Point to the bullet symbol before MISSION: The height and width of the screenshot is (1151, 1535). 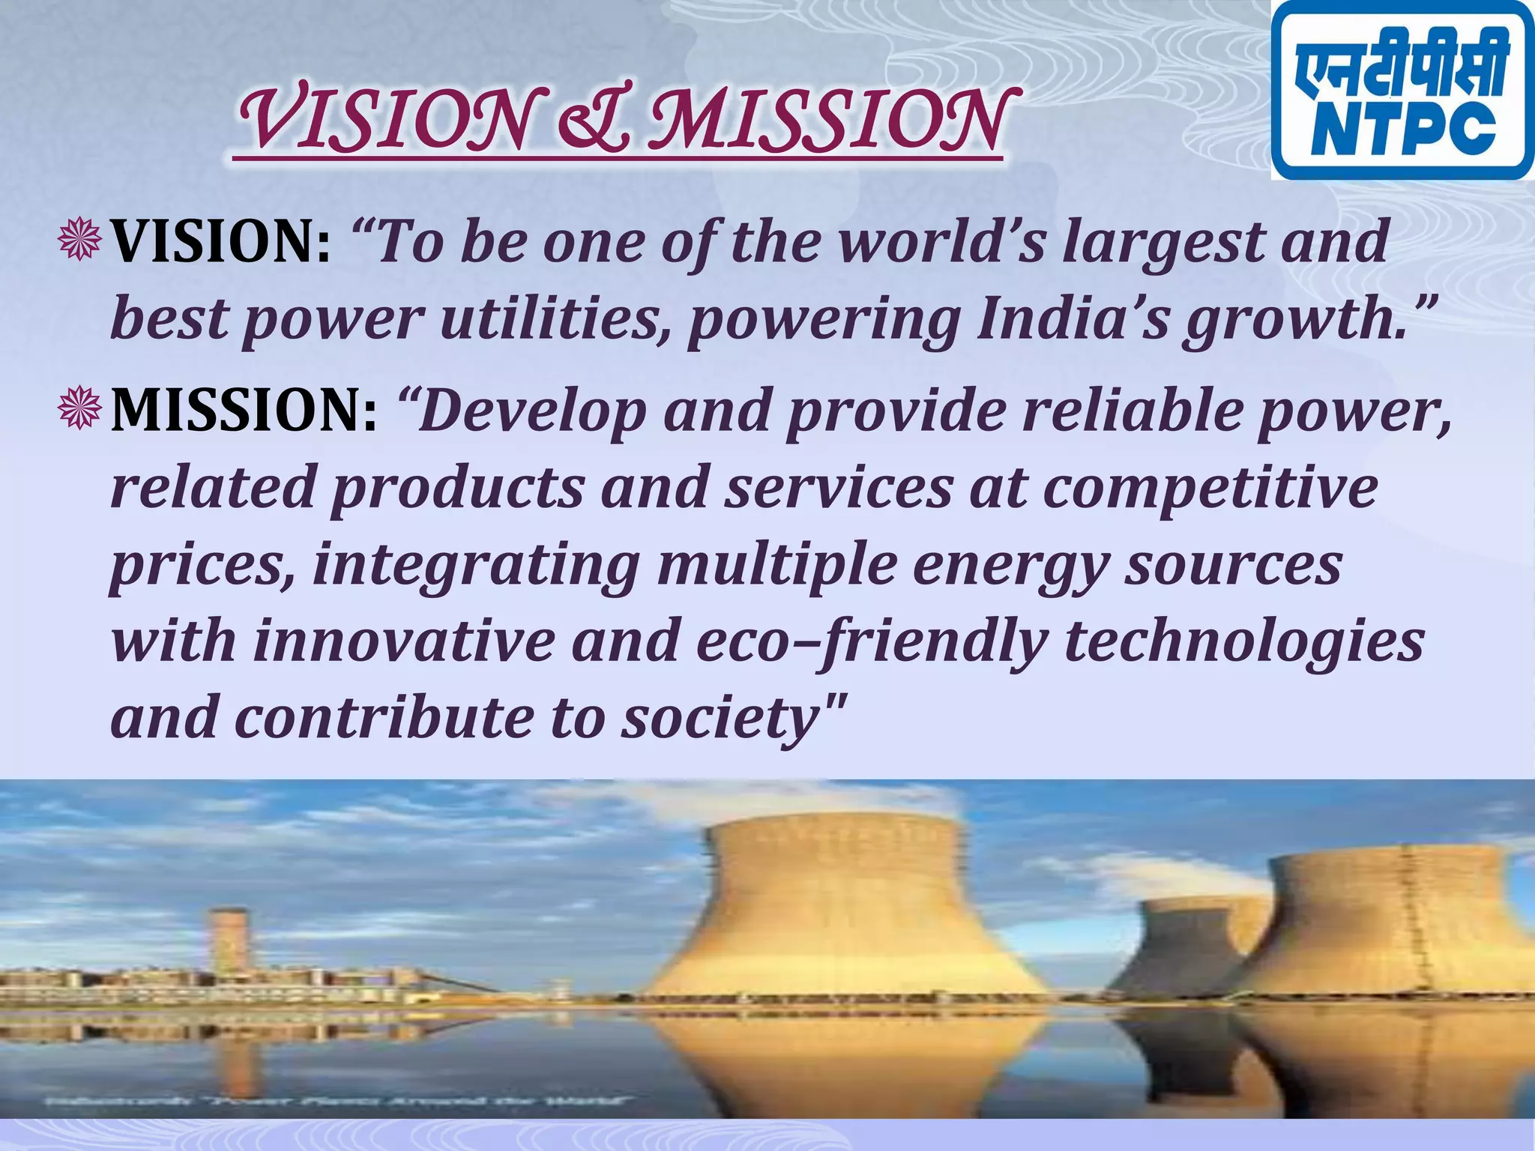click(x=80, y=408)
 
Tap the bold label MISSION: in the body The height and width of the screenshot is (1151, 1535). click(x=244, y=411)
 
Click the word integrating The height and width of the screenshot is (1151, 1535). click(x=475, y=566)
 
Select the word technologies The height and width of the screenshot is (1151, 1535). click(x=1243, y=642)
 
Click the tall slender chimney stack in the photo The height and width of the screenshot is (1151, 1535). click(x=229, y=940)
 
